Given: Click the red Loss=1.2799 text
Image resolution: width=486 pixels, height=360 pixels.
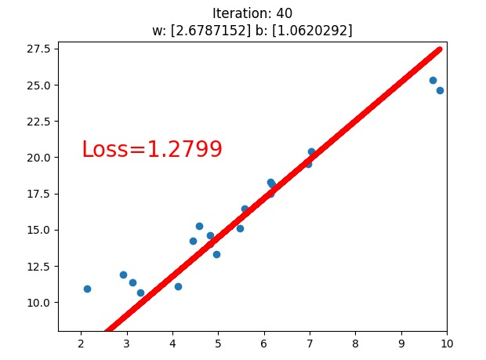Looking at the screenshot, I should pyautogui.click(x=152, y=149).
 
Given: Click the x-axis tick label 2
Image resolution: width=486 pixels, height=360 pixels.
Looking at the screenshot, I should pyautogui.click(x=81, y=343).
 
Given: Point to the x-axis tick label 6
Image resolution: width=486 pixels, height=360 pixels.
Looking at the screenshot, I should pyautogui.click(x=264, y=343).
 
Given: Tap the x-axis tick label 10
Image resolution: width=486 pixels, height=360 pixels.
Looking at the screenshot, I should pyautogui.click(x=447, y=343).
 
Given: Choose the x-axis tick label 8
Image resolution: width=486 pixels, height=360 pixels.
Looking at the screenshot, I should pyautogui.click(x=355, y=343).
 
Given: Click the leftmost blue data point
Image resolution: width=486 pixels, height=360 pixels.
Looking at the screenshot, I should pyautogui.click(x=87, y=289).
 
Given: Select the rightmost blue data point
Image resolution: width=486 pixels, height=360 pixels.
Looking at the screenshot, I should pyautogui.click(x=440, y=90).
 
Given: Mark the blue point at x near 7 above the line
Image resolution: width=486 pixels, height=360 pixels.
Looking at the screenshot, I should pyautogui.click(x=311, y=151).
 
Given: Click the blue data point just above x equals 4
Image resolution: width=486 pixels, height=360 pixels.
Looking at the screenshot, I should pyautogui.click(x=178, y=286).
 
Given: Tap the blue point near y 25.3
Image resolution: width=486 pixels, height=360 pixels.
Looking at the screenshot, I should pyautogui.click(x=433, y=80).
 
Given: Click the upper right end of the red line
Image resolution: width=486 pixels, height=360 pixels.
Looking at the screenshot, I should pyautogui.click(x=439, y=49).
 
